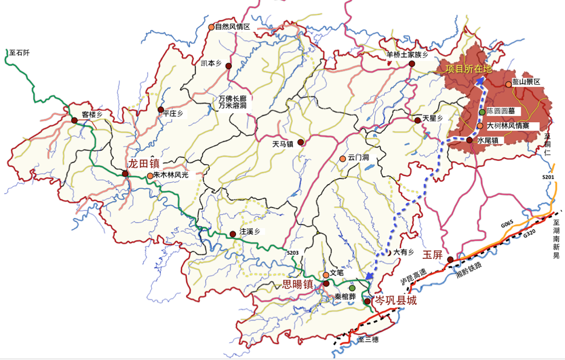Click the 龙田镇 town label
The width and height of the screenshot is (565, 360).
coord(143,163)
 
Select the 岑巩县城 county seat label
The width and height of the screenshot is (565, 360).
coord(396,301)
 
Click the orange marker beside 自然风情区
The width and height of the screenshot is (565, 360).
coord(211,27)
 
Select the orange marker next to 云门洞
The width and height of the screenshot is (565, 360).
coord(342,159)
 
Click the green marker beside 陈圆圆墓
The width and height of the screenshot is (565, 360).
coord(482,112)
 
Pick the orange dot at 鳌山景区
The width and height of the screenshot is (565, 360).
coord(508,84)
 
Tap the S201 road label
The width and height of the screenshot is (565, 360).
coord(548,177)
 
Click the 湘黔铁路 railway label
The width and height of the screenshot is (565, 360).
coord(468,273)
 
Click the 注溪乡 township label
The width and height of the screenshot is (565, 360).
coord(250,231)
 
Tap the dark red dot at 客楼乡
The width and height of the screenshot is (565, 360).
coord(74,120)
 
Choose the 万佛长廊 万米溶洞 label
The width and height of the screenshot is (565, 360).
coord(233,102)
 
